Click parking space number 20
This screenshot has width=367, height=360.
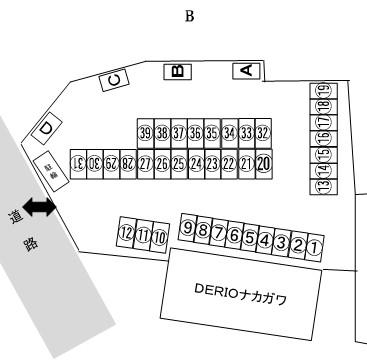click(264, 163)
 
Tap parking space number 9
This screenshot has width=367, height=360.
click(187, 229)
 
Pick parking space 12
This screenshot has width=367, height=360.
click(125, 233)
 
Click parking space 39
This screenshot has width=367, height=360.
click(145, 133)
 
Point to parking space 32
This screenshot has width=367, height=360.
click(263, 133)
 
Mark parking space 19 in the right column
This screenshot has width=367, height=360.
click(323, 92)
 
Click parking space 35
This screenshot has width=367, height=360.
click(212, 133)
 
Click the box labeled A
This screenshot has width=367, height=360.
click(246, 70)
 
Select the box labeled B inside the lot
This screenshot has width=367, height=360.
click(176, 71)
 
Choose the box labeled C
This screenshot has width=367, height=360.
click(115, 81)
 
